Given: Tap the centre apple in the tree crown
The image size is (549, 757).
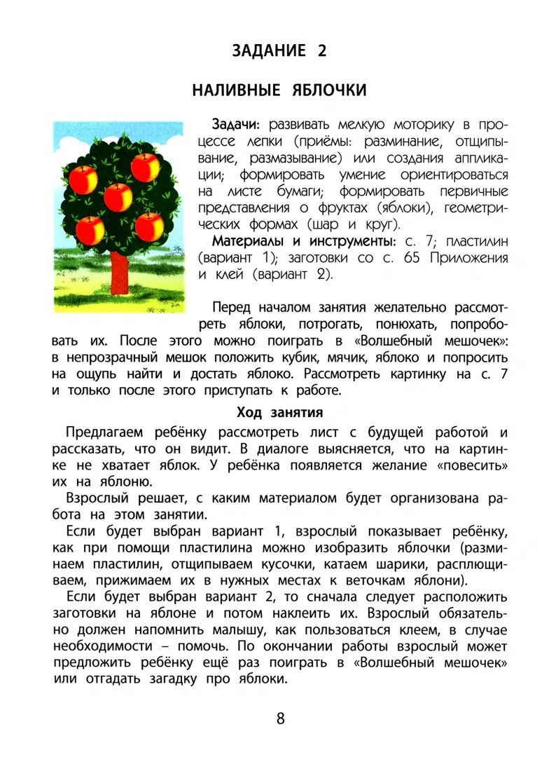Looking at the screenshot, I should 118,198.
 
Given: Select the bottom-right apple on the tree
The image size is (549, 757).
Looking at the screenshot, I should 149,226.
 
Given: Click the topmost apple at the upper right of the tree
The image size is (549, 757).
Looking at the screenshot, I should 145,168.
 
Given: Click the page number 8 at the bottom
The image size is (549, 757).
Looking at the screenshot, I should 280,718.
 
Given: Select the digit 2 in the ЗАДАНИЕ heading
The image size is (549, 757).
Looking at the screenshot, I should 321,50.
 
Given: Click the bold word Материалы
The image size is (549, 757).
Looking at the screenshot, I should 246,242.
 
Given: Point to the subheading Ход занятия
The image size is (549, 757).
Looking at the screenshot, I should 279,411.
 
